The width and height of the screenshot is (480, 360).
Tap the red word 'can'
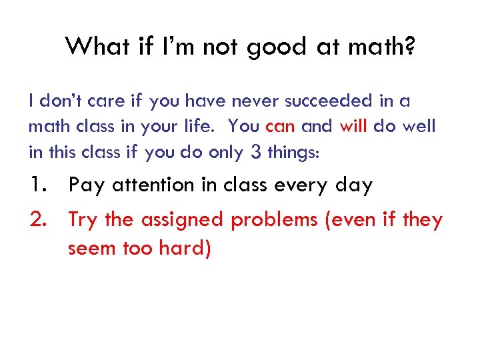point(280,127)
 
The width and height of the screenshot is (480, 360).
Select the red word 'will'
point(353,127)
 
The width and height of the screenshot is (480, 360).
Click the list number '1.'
point(39,185)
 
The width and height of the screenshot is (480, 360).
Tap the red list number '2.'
point(39,219)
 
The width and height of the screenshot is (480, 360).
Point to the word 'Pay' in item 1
point(87,185)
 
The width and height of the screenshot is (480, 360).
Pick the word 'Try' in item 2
point(83,220)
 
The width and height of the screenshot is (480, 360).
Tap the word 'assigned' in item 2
point(181,220)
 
